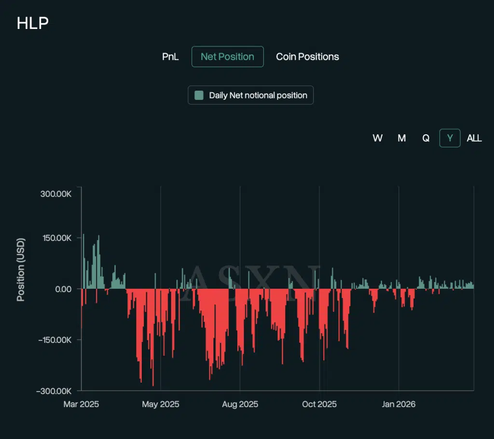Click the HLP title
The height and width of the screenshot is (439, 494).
(32, 23)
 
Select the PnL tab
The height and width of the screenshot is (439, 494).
(170, 57)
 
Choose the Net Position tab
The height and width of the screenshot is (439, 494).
(227, 57)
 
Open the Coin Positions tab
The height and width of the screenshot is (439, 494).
(307, 57)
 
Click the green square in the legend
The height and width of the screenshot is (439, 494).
(199, 95)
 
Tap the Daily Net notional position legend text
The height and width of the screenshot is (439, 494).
(258, 95)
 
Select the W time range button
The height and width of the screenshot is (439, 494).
(377, 138)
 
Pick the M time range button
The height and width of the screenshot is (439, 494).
(401, 138)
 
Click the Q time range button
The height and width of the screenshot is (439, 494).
(426, 138)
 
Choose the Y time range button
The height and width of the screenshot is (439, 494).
(450, 138)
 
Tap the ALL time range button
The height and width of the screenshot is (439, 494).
(474, 138)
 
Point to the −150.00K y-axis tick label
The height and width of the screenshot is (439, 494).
(54, 340)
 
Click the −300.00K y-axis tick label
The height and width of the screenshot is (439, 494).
(54, 390)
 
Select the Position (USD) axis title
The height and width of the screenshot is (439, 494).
(21, 269)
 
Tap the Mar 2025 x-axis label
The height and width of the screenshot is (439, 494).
(81, 404)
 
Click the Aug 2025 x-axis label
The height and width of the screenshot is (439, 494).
(239, 404)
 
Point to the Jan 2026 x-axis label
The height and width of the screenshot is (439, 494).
(398, 404)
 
